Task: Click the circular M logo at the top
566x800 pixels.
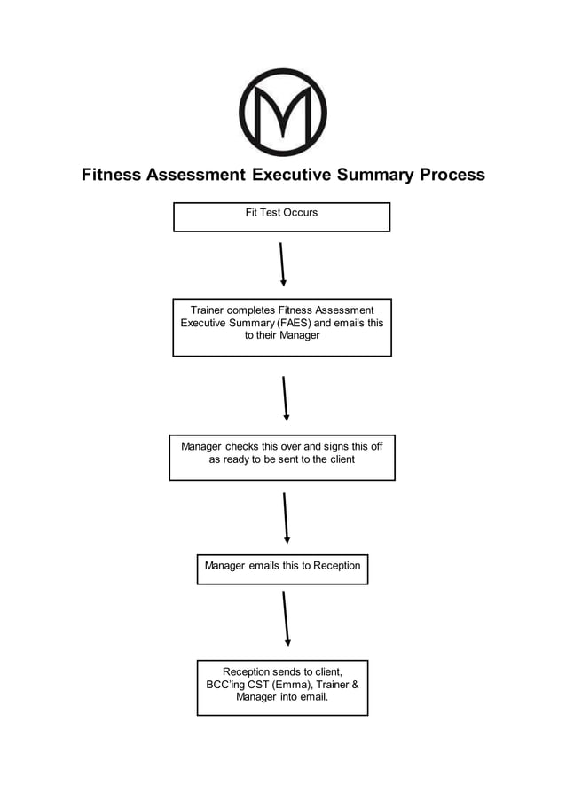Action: [283, 113]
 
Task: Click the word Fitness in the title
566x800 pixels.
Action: [114, 175]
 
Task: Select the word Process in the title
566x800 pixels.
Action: [452, 175]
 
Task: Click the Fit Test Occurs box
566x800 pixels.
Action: [281, 217]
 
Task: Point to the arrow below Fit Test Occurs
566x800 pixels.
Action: [282, 263]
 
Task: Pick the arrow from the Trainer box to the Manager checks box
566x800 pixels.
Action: [285, 397]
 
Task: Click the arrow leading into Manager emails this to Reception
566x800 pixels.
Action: [286, 517]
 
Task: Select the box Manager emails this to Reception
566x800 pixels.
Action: [282, 569]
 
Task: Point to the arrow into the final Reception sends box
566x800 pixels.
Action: [286, 618]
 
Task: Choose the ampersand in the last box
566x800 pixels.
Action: [353, 685]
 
